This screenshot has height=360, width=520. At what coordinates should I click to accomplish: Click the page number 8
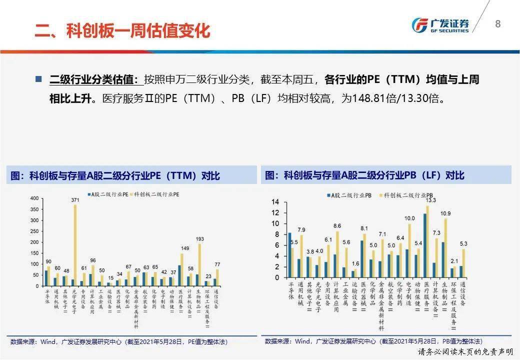[497, 24]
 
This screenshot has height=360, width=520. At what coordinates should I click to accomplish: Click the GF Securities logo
[440, 24]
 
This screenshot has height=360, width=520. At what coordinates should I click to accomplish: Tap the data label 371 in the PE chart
[75, 200]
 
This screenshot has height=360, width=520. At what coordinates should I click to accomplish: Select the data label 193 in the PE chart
[200, 239]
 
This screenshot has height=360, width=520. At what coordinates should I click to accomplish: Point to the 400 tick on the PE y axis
[34, 198]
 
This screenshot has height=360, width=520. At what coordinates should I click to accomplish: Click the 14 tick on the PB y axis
[275, 202]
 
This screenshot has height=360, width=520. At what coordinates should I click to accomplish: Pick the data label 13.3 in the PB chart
[430, 200]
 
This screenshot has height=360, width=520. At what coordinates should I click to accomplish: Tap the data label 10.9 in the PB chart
[445, 213]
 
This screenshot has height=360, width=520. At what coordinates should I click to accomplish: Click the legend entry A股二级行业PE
[108, 193]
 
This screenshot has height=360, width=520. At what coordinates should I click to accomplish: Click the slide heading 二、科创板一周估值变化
[122, 30]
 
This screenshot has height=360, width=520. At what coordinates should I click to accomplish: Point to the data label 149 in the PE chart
[184, 249]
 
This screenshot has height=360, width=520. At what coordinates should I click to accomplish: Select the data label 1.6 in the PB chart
[355, 263]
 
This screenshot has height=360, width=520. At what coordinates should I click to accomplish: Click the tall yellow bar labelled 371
[75, 245]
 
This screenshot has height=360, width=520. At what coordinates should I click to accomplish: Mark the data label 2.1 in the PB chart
[454, 261]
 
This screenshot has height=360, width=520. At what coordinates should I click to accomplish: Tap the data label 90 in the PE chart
[48, 261]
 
